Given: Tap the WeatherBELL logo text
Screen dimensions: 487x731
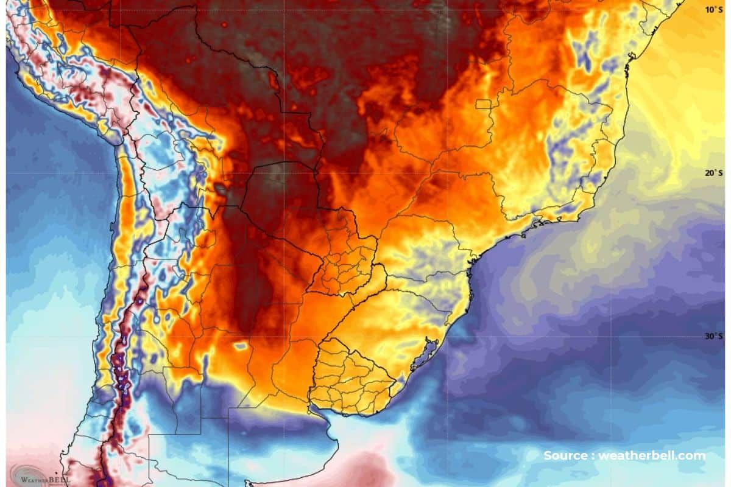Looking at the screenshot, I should click(46, 479).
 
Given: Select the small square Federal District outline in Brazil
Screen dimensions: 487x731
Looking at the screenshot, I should click(483, 104).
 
